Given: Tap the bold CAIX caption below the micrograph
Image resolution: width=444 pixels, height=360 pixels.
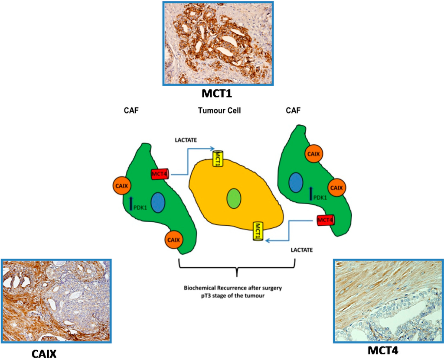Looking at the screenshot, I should pyautogui.click(x=44, y=354).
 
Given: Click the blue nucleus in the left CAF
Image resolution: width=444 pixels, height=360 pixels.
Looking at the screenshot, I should pyautogui.click(x=158, y=202).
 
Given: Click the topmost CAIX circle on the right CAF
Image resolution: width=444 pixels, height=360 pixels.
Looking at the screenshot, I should pyautogui.click(x=313, y=153).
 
